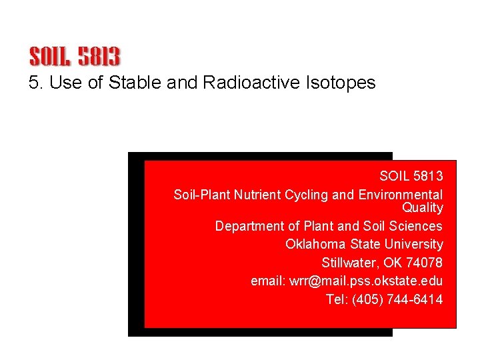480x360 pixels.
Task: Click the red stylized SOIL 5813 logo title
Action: (75, 56)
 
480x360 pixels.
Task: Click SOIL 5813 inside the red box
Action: (411, 176)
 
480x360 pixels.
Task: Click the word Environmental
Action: (400, 195)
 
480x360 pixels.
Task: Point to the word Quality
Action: (423, 207)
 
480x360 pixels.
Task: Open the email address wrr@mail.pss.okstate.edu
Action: (365, 281)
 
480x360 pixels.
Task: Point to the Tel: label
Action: (337, 299)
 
